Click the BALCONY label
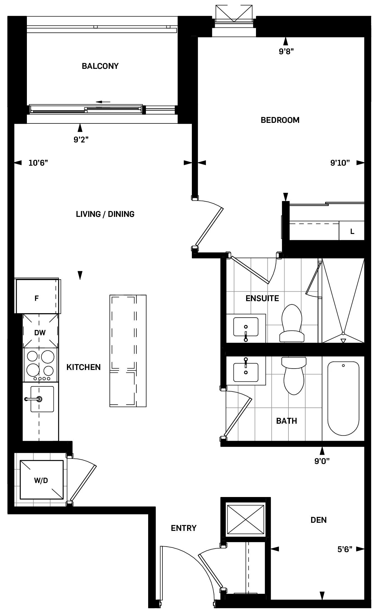pyautogui.click(x=100, y=66)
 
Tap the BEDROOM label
pyautogui.click(x=280, y=120)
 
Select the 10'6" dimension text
pyautogui.click(x=38, y=163)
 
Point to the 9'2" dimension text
pyautogui.click(x=81, y=140)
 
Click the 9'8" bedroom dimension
pyautogui.click(x=286, y=51)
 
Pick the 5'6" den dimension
pyautogui.click(x=344, y=549)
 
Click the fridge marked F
pyautogui.click(x=37, y=298)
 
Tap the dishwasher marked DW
pyautogui.click(x=40, y=332)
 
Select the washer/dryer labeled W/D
pyautogui.click(x=41, y=481)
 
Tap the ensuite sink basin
pyautogui.click(x=246, y=327)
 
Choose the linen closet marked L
pyautogui.click(x=352, y=231)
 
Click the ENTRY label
pyautogui.click(x=184, y=528)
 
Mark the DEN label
pyautogui.click(x=318, y=520)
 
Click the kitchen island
pyautogui.click(x=128, y=351)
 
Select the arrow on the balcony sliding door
pyautogui.click(x=103, y=102)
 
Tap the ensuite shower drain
pyautogui.click(x=343, y=334)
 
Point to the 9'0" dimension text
pyautogui.click(x=322, y=461)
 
